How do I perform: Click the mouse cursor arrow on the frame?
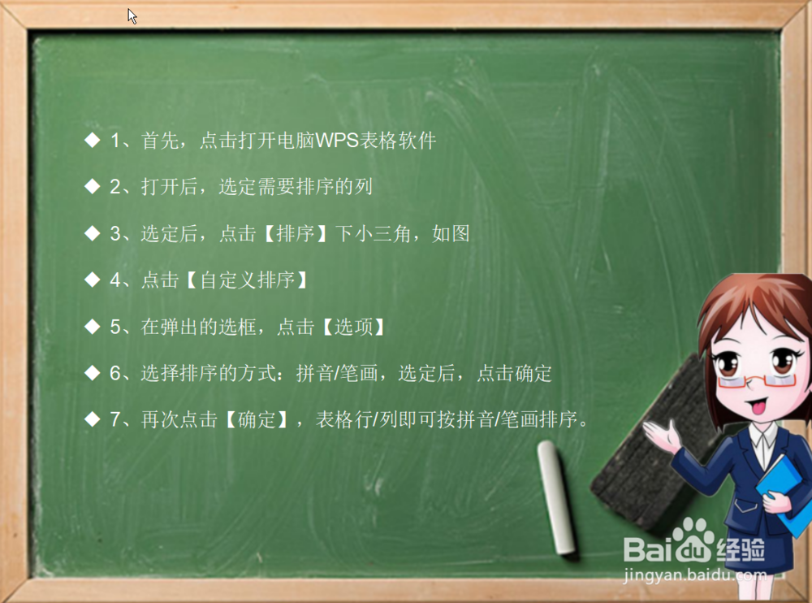coord(132,16)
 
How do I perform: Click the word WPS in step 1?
coord(337,140)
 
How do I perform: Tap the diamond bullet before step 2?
coord(93,186)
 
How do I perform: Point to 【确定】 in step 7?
coord(257,419)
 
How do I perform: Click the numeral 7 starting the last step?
coord(115,419)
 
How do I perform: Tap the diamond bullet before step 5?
coord(93,326)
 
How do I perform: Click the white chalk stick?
coord(557,497)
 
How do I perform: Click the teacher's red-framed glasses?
coord(757,380)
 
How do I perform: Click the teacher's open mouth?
coord(758,407)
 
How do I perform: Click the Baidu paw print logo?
coord(693,540)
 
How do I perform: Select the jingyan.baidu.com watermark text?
coord(695,575)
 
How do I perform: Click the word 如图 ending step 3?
coord(451,233)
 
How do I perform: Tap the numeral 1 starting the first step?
coord(115,140)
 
